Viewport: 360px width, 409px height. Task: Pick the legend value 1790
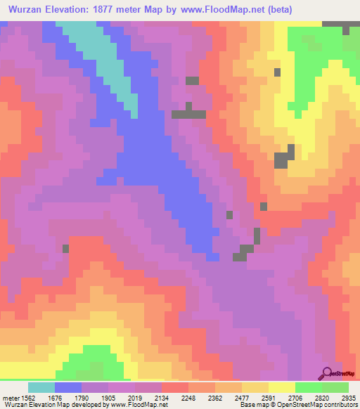click(x=94, y=397)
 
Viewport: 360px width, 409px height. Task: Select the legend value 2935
click(x=348, y=397)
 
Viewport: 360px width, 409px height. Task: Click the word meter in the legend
click(x=11, y=397)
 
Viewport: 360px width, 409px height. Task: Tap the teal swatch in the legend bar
click(x=41, y=387)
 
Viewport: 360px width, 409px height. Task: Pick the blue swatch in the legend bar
click(x=68, y=387)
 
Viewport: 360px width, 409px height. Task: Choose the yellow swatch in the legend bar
click(x=282, y=387)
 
